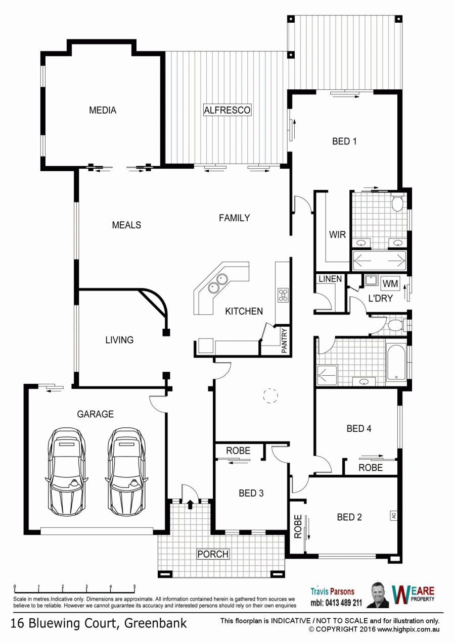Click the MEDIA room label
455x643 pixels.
pyautogui.click(x=103, y=110)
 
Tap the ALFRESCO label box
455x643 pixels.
pyautogui.click(x=227, y=110)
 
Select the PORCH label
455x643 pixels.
pyautogui.click(x=213, y=554)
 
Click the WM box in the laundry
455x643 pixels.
pyautogui.click(x=390, y=283)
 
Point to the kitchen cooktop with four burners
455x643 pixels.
pyautogui.click(x=283, y=295)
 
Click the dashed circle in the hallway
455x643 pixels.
pyautogui.click(x=270, y=396)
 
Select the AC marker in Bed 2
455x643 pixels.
pyautogui.click(x=393, y=515)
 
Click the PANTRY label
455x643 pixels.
pyautogui.click(x=284, y=341)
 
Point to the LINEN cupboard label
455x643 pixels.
pyautogui.click(x=330, y=279)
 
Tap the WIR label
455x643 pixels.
pyautogui.click(x=337, y=234)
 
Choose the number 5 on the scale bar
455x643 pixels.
pyautogui.click(x=134, y=587)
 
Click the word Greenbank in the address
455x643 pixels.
pyautogui.click(x=155, y=624)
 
